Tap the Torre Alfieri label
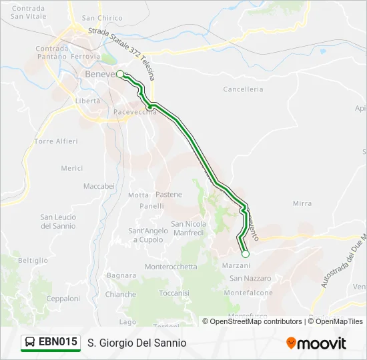(x=56, y=141)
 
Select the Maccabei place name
(x=99, y=186)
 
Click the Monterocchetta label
(x=171, y=267)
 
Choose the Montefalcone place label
(x=248, y=293)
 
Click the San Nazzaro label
(x=250, y=278)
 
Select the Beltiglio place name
(x=33, y=260)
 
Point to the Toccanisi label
(x=175, y=293)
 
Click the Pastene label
(x=168, y=195)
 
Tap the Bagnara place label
(x=121, y=275)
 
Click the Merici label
(x=71, y=169)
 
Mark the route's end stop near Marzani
(x=245, y=254)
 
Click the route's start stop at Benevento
(x=120, y=75)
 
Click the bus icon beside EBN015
(x=30, y=343)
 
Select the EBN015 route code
(x=58, y=343)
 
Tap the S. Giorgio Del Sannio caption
(x=137, y=343)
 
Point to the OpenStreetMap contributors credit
(x=256, y=321)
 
